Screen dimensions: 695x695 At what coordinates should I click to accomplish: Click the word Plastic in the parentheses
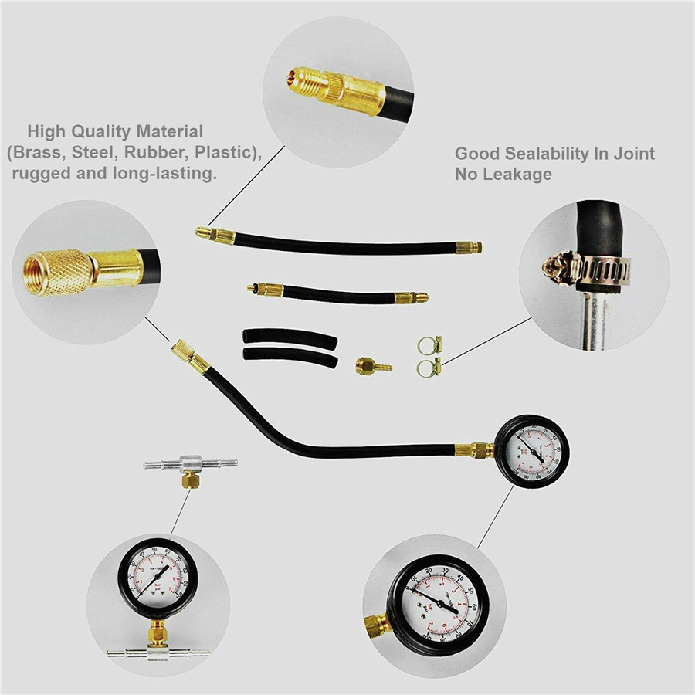[x=223, y=152]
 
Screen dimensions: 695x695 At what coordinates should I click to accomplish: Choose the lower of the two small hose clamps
[x=429, y=363]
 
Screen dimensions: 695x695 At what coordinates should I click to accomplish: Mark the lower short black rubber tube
[x=290, y=358]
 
